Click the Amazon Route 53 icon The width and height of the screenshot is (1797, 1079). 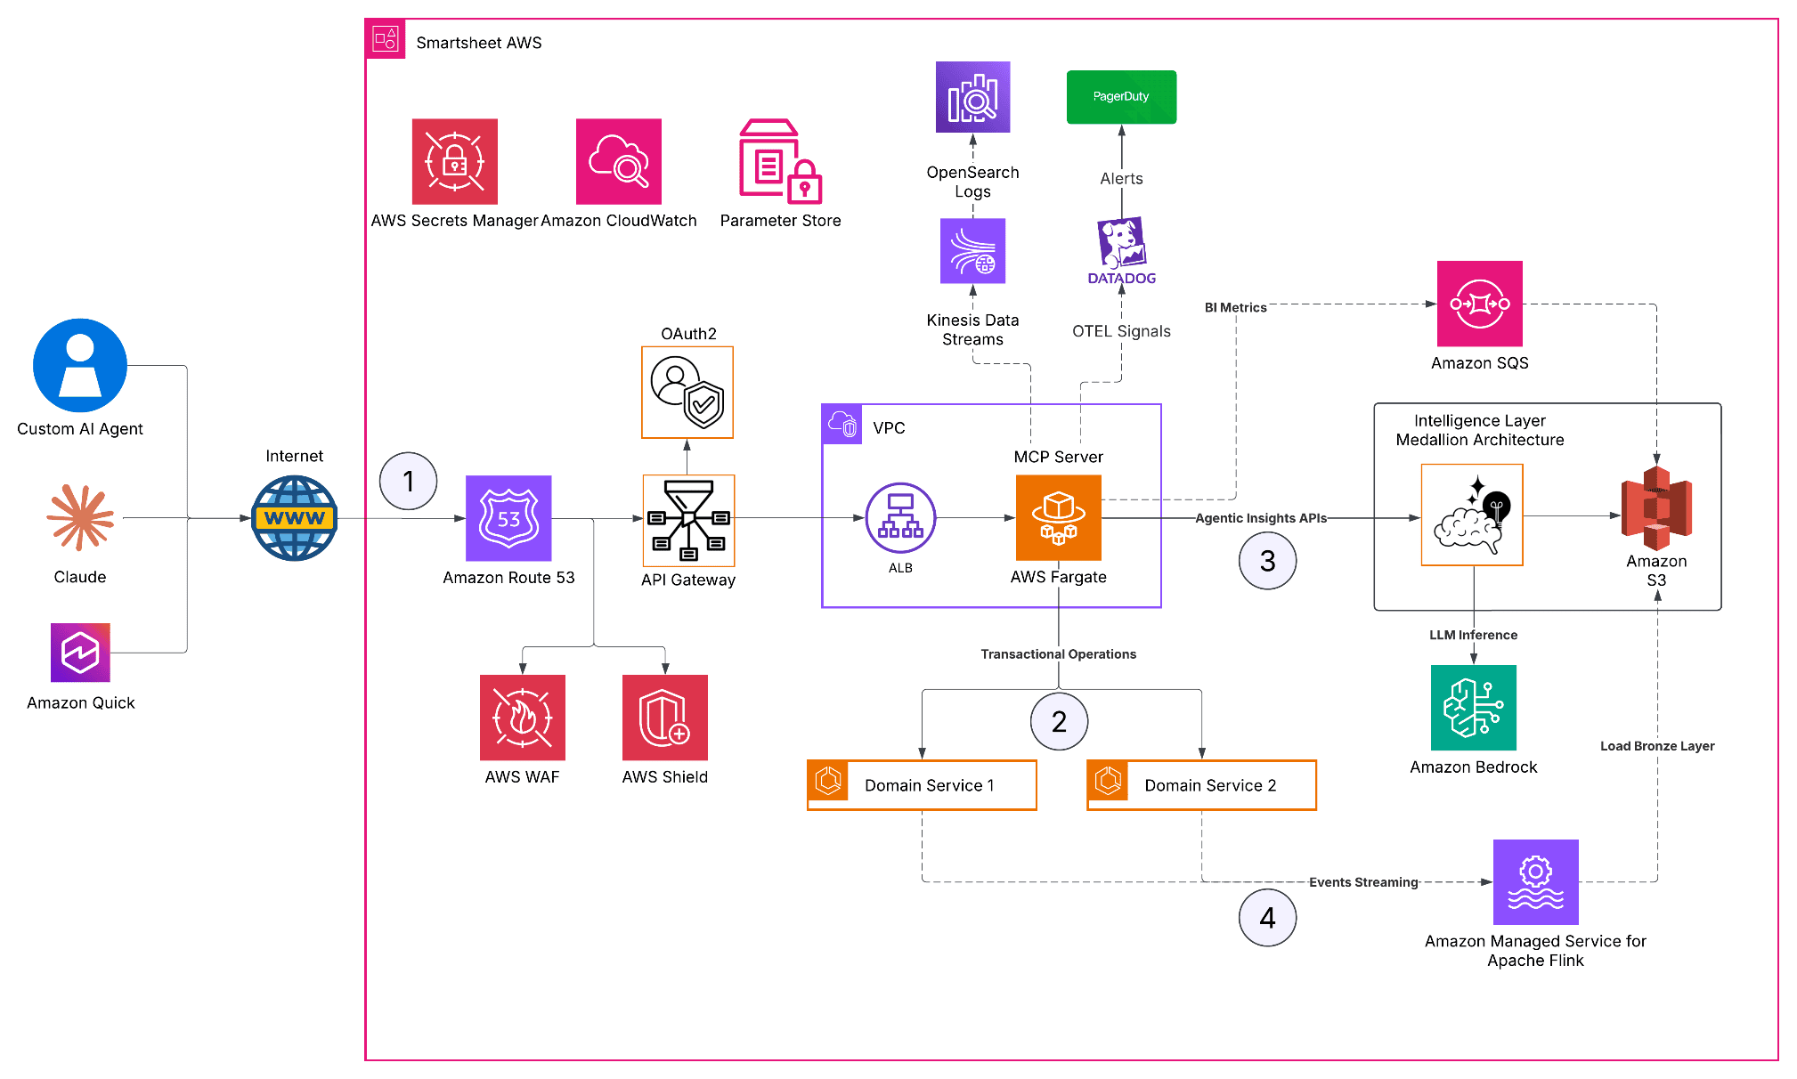(508, 518)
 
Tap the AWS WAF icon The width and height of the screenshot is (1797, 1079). (523, 718)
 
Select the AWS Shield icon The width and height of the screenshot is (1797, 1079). (665, 718)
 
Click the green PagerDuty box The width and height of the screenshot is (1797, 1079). (1122, 97)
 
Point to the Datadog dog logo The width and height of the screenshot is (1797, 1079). (1122, 242)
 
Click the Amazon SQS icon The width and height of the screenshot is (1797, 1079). (1480, 304)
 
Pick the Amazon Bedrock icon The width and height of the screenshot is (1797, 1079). (1474, 708)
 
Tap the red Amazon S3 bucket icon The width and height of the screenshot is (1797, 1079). (1656, 508)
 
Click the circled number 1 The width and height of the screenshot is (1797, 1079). (409, 482)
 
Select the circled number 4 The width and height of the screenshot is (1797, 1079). (1268, 918)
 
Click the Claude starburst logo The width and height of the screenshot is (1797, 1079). (81, 517)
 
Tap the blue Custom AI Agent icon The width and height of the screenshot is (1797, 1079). (80, 366)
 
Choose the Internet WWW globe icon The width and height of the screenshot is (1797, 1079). (295, 518)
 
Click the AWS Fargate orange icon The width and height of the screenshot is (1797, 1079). (1059, 517)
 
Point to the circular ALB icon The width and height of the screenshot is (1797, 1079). (900, 518)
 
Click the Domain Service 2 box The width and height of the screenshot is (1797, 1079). (1202, 785)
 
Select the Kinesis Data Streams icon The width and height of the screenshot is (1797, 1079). (973, 251)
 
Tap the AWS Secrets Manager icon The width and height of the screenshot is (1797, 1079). (455, 161)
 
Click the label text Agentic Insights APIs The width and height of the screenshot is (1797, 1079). (1261, 518)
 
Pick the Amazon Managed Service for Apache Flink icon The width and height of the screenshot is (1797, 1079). (1536, 882)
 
